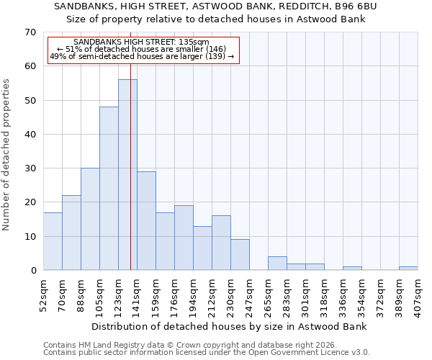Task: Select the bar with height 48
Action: tap(109, 189)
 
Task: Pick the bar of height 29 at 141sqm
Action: tap(146, 221)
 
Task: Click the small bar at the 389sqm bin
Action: tap(408, 269)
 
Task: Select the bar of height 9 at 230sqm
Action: tap(240, 255)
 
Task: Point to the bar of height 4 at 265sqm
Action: tap(277, 264)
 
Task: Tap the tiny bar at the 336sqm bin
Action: tap(352, 269)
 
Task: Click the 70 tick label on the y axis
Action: tap(30, 32)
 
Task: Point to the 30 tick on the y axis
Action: tap(30, 168)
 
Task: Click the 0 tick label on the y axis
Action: tap(32, 271)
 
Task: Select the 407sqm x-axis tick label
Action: tap(418, 295)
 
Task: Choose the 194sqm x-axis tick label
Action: tap(194, 295)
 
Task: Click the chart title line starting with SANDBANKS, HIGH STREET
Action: tap(216, 6)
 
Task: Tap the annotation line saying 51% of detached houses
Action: tap(142, 49)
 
